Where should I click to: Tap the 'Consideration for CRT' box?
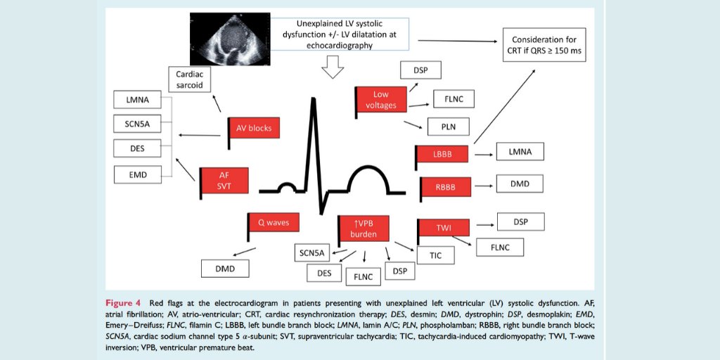544,45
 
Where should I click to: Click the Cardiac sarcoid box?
189,79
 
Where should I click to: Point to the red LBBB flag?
442,154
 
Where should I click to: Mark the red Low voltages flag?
381,99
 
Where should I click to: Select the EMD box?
138,174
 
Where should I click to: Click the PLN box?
449,127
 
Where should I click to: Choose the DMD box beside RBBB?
520,184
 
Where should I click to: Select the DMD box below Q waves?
225,268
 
